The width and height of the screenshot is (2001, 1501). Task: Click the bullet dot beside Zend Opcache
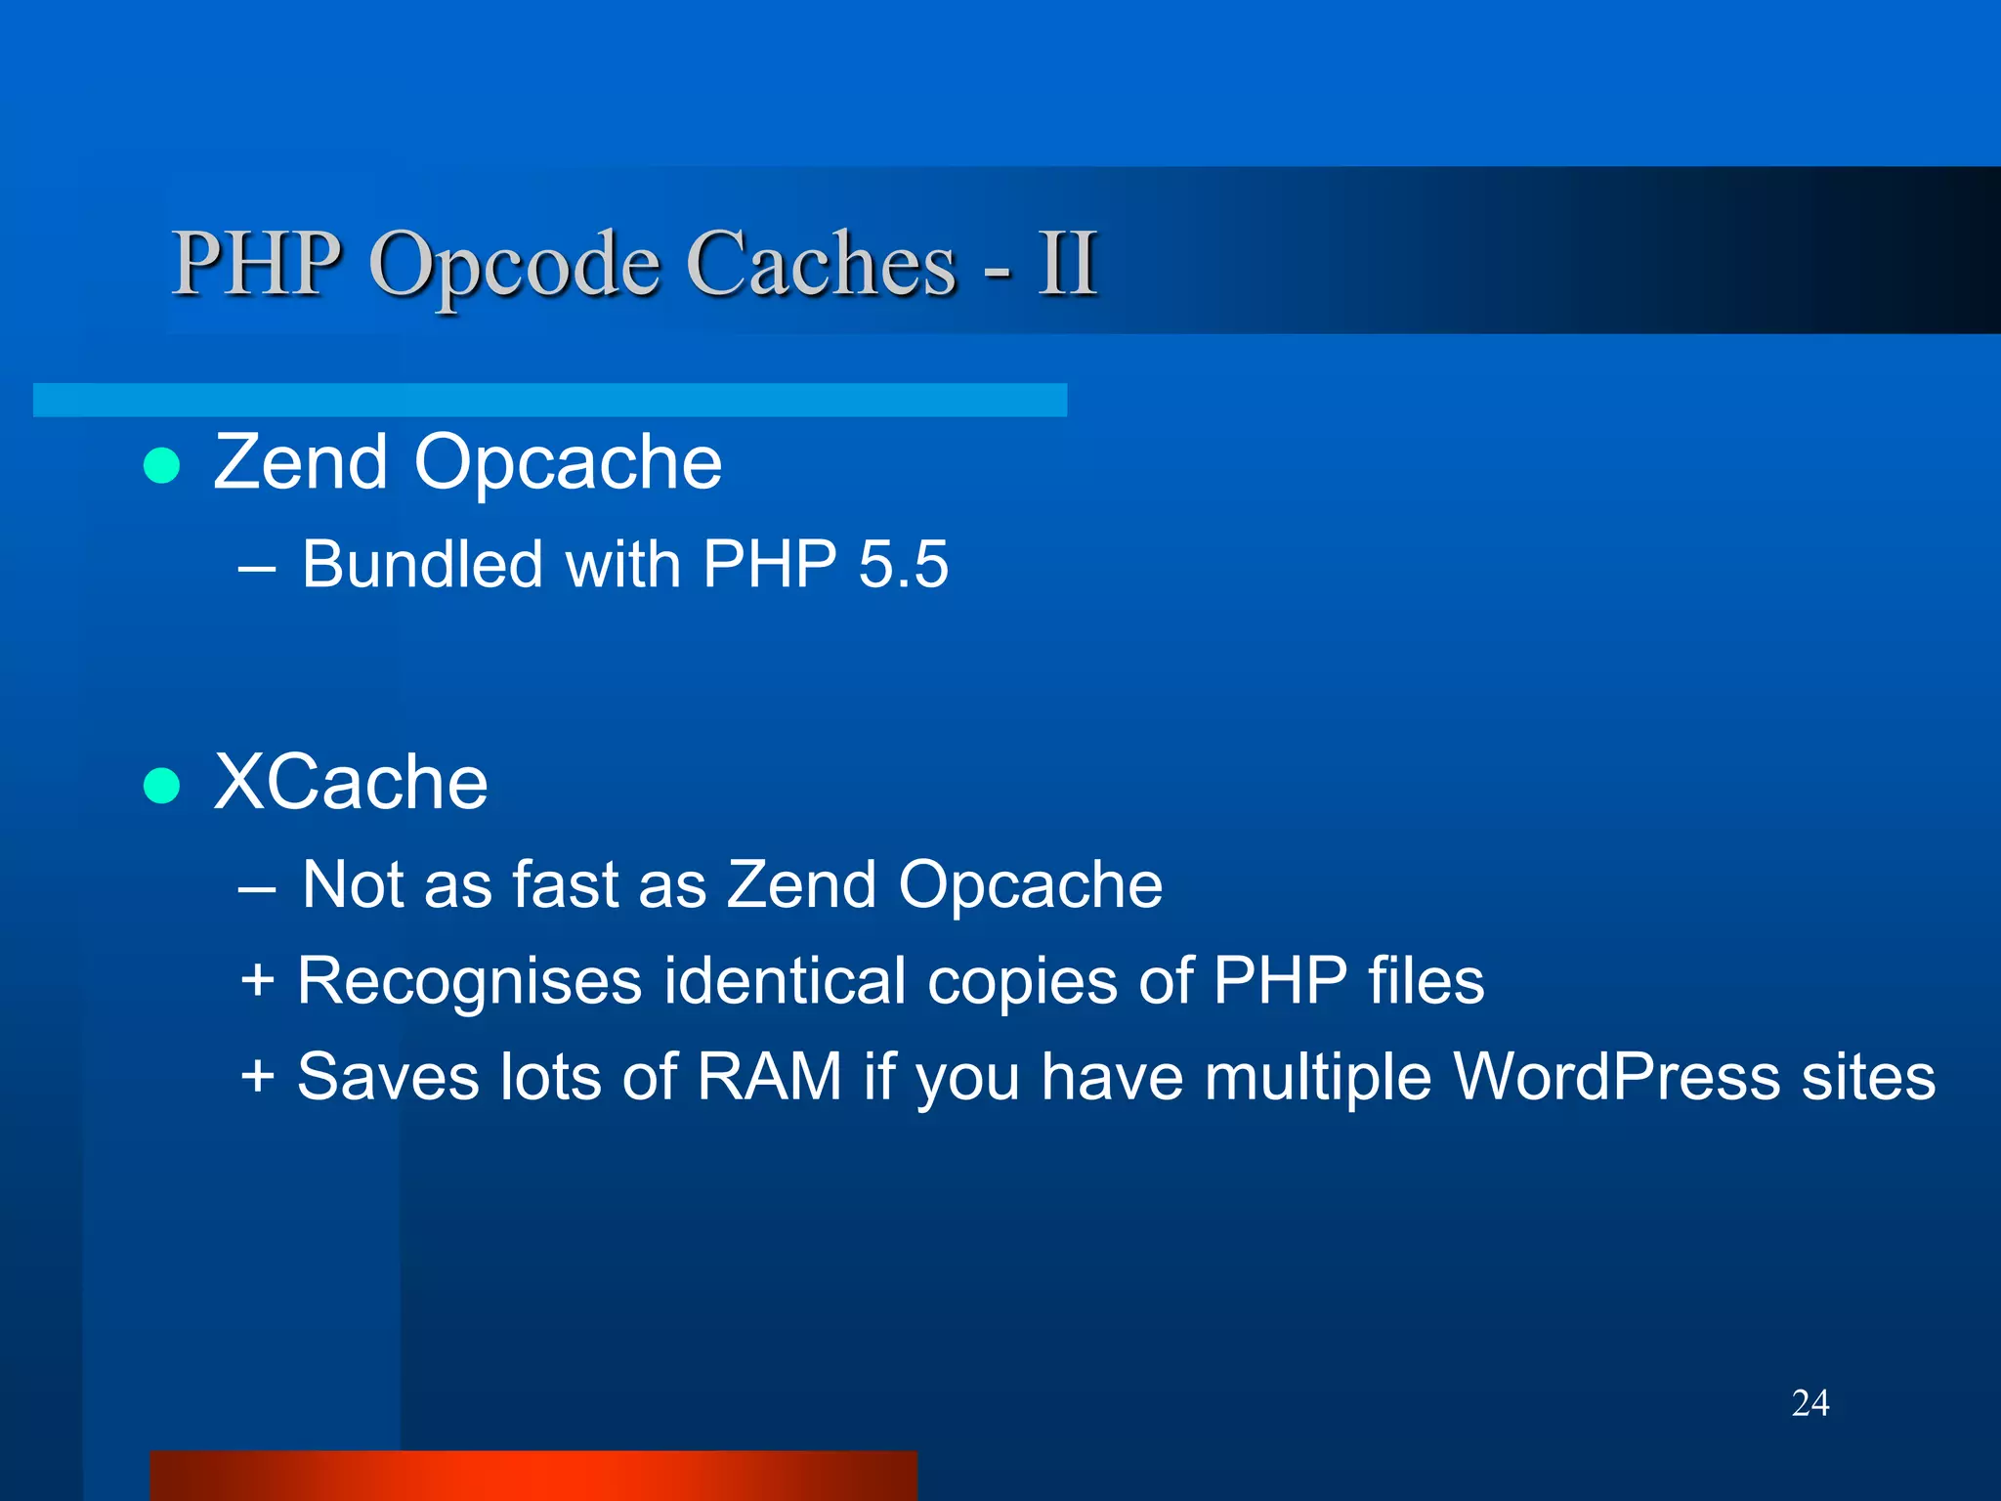161,466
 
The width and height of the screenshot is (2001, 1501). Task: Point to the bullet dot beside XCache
161,786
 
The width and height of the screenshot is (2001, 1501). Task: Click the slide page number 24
1810,1403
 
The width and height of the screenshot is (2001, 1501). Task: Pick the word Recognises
469,981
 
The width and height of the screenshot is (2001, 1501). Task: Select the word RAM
769,1077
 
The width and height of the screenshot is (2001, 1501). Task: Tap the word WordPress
1616,1077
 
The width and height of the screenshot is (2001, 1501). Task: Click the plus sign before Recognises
257,980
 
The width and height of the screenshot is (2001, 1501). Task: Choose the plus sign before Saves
257,1076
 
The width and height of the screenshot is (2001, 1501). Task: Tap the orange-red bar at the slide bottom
533,1476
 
